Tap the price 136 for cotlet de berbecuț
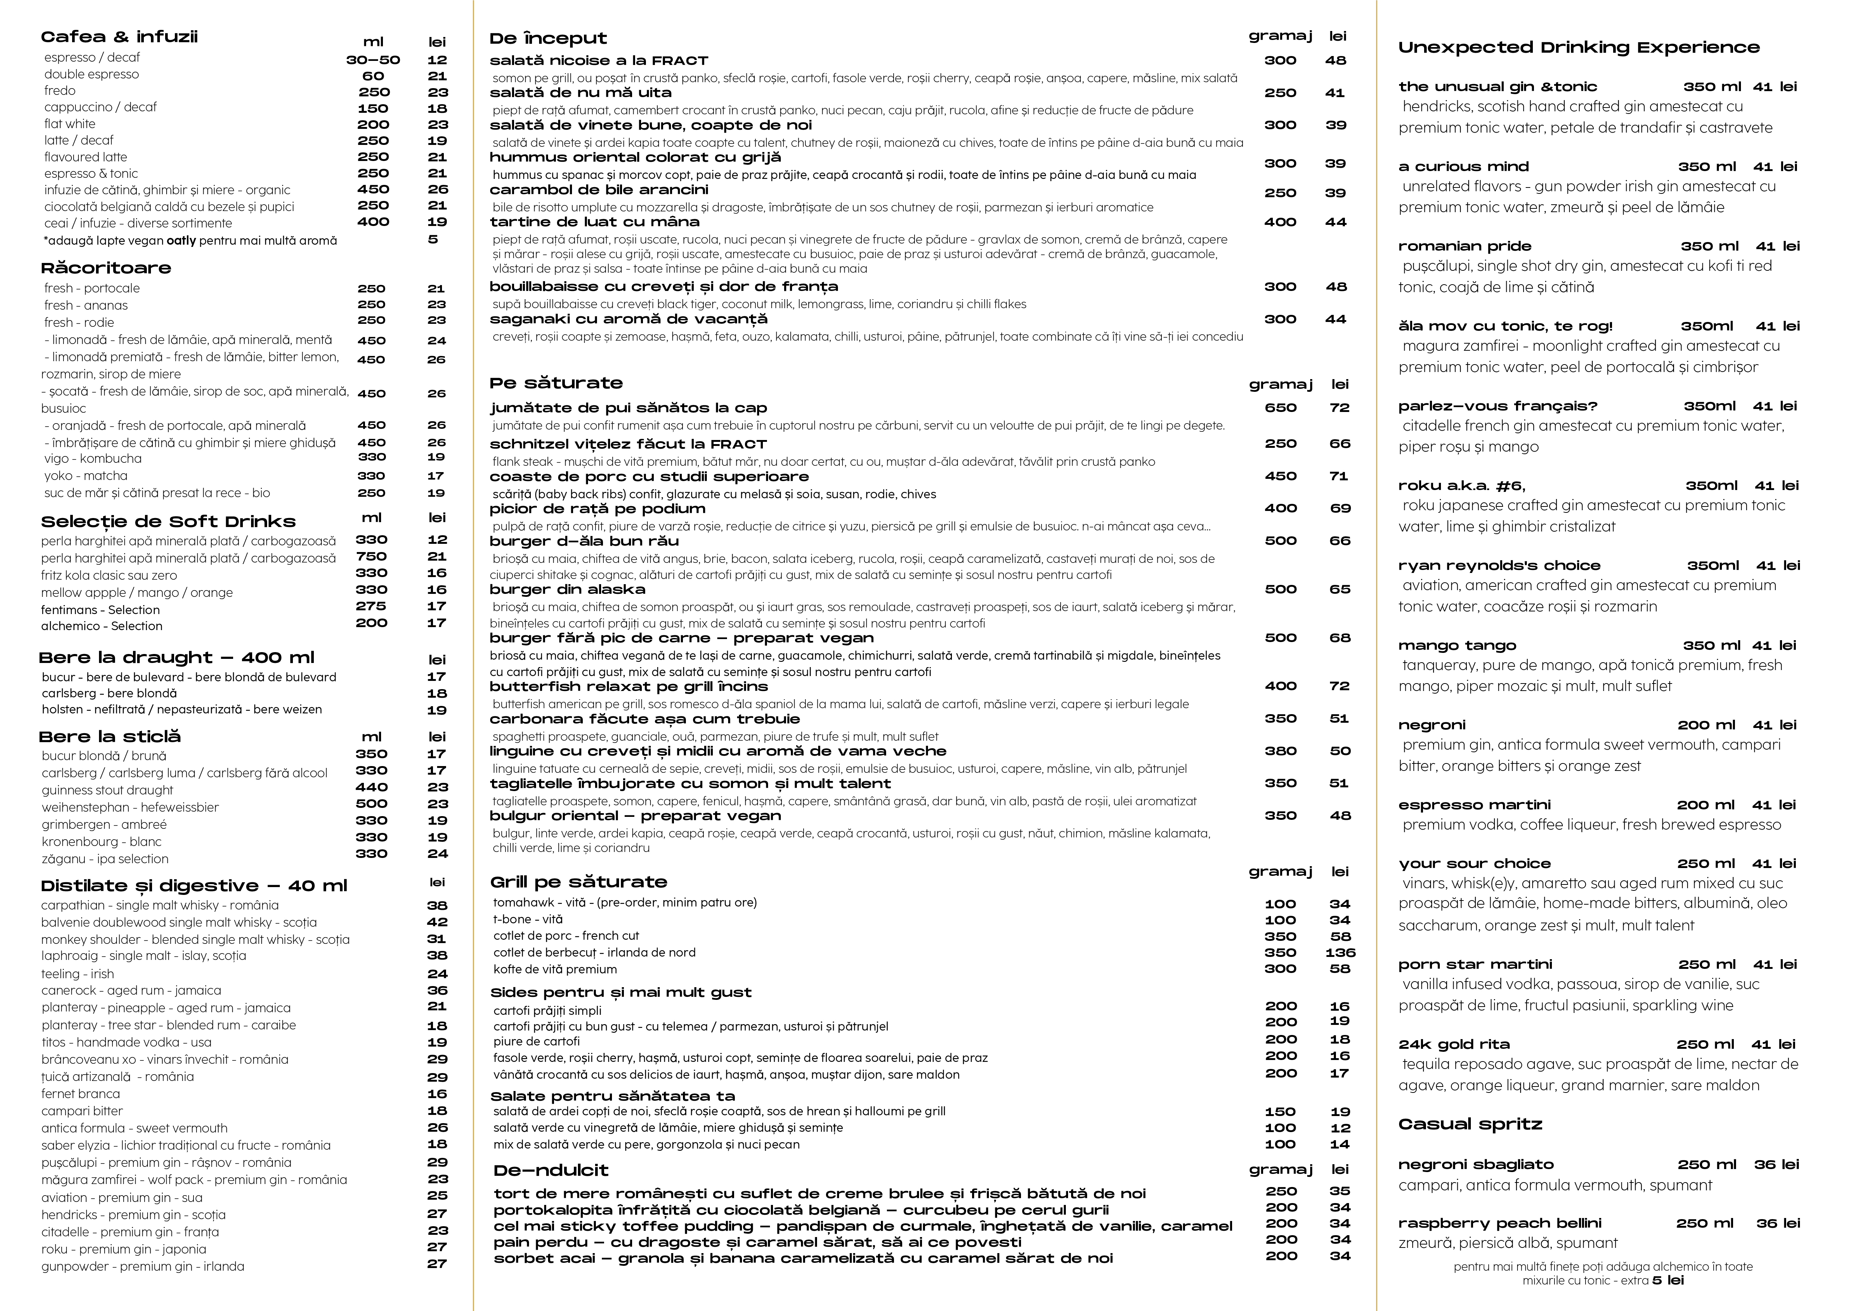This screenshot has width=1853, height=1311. click(1339, 952)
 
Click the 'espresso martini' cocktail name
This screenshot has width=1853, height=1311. click(1474, 805)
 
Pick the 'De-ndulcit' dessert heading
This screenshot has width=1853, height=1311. click(551, 1171)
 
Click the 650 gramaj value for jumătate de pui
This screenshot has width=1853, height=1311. click(1281, 407)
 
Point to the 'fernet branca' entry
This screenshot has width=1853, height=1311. click(81, 1094)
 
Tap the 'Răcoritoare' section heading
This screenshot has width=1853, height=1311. click(106, 268)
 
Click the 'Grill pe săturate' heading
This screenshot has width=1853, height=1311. click(578, 882)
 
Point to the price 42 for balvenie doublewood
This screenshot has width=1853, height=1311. click(437, 922)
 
